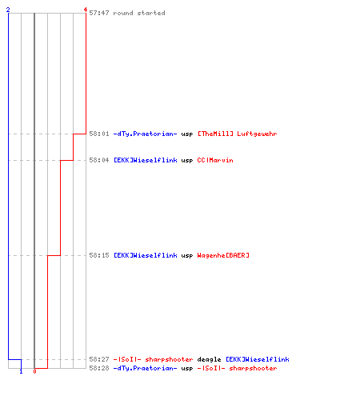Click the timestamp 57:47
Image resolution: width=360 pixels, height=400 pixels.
point(99,13)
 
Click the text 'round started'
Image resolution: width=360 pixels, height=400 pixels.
point(139,13)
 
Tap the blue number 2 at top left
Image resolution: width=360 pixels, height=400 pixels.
point(8,10)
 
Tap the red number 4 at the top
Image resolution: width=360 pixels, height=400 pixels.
point(86,10)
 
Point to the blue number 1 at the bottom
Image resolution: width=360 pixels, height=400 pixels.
point(21,371)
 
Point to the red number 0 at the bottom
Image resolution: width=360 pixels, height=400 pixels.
point(34,371)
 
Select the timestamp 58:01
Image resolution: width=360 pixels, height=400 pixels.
point(99,134)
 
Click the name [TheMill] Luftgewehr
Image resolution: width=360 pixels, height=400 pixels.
point(237,134)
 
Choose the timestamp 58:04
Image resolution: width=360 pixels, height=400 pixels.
point(99,160)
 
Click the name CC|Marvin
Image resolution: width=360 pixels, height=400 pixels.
point(215,160)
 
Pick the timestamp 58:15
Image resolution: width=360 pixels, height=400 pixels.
point(99,255)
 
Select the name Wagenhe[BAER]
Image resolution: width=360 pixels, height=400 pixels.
point(223,255)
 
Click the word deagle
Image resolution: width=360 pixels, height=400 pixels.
point(209,359)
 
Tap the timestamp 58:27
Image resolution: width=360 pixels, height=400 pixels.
point(99,359)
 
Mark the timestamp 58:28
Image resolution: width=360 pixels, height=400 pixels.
point(99,368)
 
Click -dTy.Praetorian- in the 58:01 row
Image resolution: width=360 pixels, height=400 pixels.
point(145,134)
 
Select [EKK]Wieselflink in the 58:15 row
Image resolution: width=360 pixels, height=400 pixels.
point(146,255)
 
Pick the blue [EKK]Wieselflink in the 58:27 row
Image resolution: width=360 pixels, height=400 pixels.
point(258,359)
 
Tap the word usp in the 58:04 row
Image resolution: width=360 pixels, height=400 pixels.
point(187,161)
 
